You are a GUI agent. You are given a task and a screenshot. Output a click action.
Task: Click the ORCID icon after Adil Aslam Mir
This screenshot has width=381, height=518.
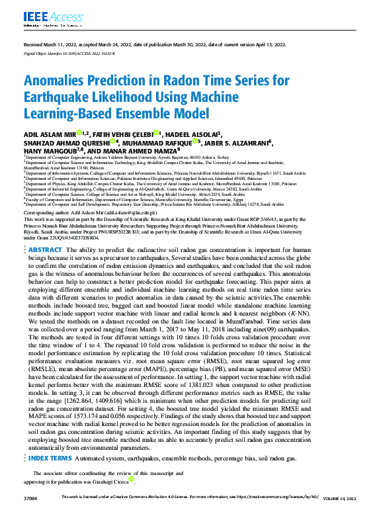[x=78, y=133]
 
